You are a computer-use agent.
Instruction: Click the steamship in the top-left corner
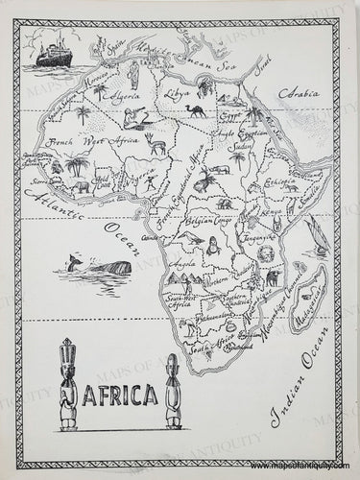click(49, 54)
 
